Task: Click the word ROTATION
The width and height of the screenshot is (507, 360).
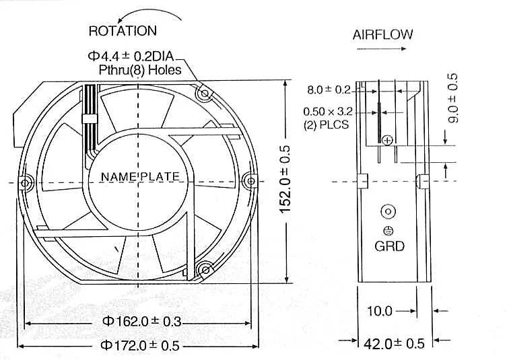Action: (x=123, y=31)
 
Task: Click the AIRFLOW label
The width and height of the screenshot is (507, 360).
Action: (x=382, y=34)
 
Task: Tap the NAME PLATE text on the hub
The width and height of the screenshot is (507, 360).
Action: (x=140, y=176)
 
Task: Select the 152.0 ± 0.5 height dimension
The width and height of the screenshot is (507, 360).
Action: (x=285, y=179)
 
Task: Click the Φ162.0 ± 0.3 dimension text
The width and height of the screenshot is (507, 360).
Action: (x=141, y=321)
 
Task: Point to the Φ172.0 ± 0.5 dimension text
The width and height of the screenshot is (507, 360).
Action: (x=140, y=345)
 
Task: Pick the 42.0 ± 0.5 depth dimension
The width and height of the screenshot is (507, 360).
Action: (x=394, y=344)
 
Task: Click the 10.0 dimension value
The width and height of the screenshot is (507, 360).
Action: (x=380, y=311)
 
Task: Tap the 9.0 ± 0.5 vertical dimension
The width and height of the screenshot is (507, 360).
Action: (x=453, y=98)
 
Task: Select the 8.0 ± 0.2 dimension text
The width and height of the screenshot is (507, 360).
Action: (x=329, y=89)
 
